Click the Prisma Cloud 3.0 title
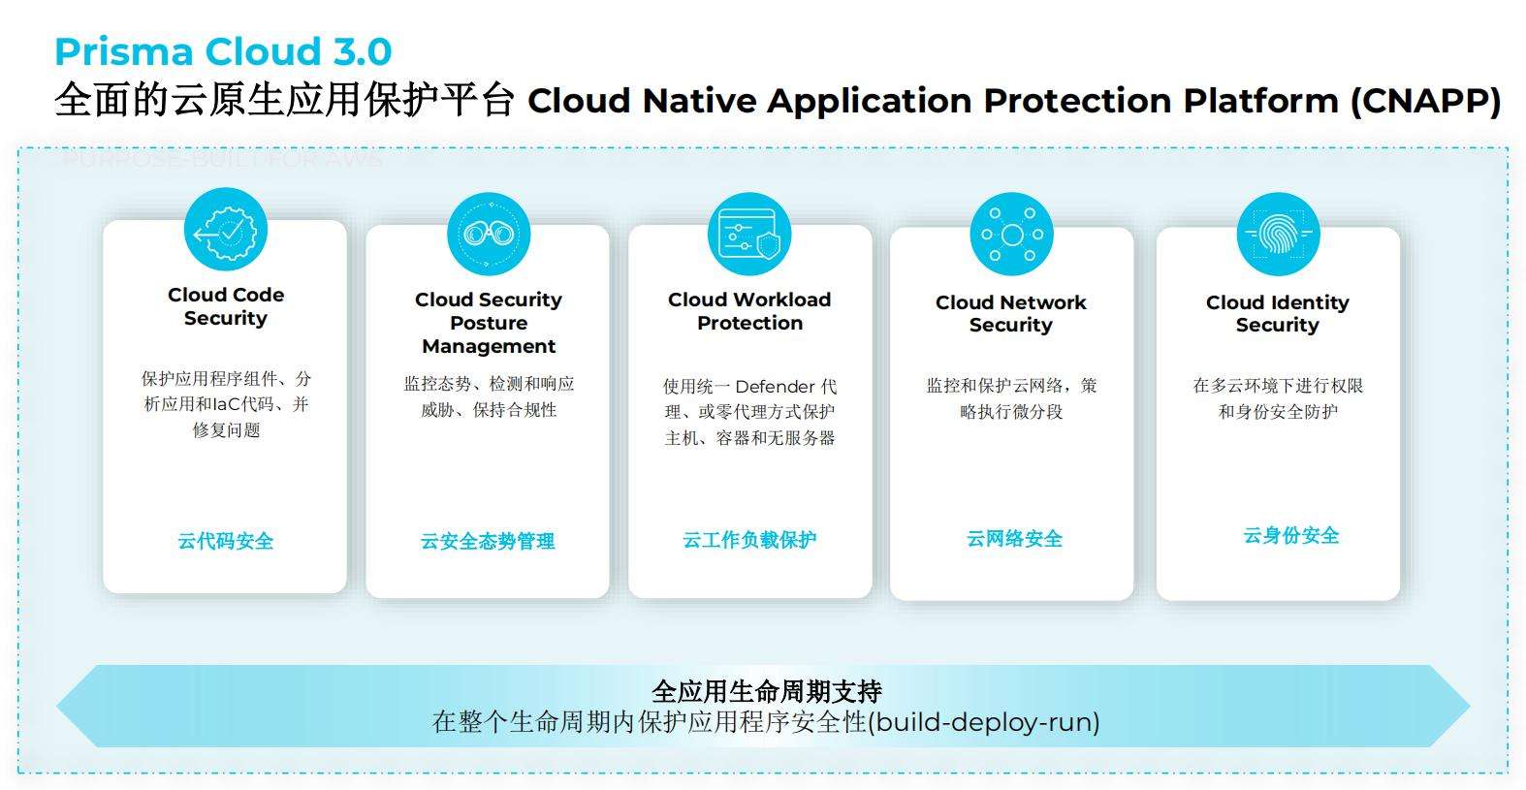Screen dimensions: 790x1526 223,51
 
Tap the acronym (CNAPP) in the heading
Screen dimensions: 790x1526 1425,101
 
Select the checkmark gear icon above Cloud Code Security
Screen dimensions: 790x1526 226,231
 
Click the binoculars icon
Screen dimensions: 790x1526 489,234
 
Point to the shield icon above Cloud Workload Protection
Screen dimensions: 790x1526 749,235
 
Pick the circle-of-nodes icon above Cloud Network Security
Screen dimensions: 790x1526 1011,235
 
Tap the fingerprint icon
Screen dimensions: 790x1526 1278,234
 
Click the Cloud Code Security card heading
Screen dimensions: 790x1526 226,306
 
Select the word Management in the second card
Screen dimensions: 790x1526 489,346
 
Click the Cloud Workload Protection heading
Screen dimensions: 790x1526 749,311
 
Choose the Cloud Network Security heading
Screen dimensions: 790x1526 1011,313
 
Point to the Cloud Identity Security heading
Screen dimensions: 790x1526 1278,313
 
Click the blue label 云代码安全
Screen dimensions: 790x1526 226,541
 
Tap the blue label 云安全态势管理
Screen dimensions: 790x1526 488,541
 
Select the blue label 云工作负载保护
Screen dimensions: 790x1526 749,540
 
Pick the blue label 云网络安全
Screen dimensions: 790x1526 1014,539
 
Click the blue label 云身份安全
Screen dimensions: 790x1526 1290,535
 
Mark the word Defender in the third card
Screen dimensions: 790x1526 776,387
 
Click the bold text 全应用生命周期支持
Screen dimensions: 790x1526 766,691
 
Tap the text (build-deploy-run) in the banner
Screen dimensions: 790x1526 985,722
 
